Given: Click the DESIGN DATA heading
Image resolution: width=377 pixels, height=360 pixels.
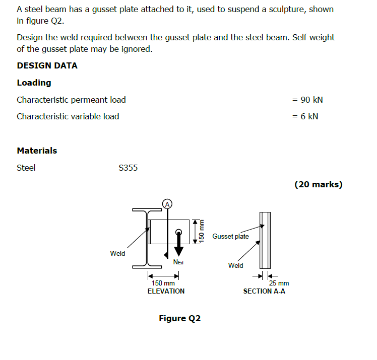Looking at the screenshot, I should tap(47, 65).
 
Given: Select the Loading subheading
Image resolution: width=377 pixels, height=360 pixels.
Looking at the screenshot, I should tap(34, 83).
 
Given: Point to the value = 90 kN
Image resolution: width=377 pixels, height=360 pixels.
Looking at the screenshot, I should tap(307, 100).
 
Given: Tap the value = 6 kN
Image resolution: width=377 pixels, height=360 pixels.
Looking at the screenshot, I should tap(305, 116).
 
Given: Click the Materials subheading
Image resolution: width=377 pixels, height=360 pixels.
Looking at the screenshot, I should tap(37, 150).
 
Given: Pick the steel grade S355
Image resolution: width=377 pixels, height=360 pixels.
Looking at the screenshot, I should tap(128, 168).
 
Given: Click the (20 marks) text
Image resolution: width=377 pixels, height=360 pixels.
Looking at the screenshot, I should tap(318, 184).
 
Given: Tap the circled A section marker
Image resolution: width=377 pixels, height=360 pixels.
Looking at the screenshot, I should tap(167, 203).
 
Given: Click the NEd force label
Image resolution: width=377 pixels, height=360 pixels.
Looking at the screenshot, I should tap(178, 262).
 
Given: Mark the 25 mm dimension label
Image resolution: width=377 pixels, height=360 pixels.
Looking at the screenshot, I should tap(279, 283).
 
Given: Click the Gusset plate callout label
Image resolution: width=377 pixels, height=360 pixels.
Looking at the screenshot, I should tap(230, 236).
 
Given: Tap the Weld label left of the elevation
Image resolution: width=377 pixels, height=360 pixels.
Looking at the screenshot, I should tap(117, 253).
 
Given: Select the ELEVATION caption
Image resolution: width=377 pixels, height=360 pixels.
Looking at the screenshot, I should tap(166, 291).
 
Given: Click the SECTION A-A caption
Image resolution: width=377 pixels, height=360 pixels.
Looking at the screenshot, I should tap(264, 291).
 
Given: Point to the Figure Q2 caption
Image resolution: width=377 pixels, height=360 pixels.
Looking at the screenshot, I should tap(179, 318).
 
